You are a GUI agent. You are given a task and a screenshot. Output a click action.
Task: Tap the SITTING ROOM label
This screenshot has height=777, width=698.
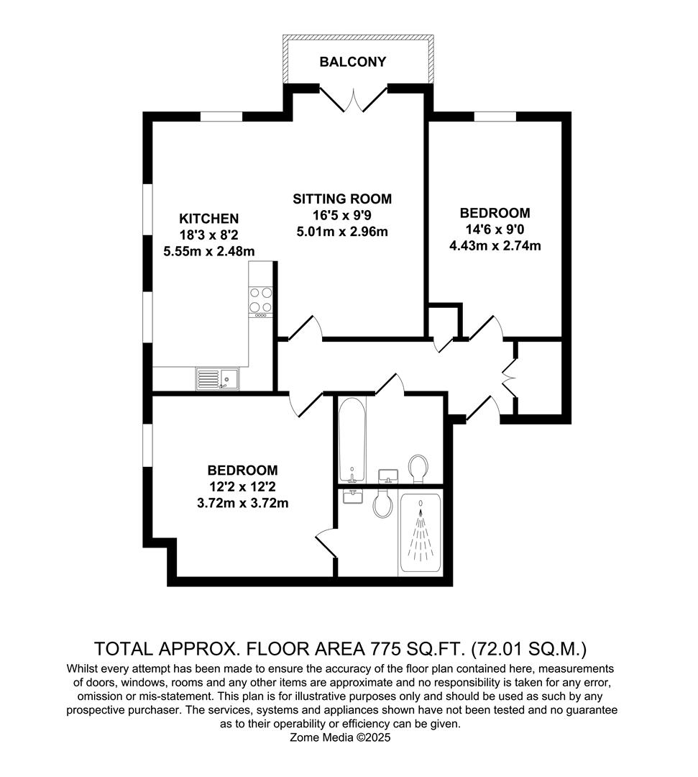(342, 199)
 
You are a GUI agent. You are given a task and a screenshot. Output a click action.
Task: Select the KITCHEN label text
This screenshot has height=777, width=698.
(208, 219)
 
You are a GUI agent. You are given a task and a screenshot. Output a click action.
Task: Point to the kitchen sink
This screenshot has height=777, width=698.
(218, 378)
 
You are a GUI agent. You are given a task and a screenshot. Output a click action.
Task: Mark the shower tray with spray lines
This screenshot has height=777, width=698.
(421, 533)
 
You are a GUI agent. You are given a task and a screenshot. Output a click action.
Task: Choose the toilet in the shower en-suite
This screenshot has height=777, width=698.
(382, 504)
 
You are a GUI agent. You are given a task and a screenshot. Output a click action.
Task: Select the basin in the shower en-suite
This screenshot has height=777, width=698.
(353, 496)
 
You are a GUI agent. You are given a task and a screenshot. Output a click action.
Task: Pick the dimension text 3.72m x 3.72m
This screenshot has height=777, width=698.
(242, 503)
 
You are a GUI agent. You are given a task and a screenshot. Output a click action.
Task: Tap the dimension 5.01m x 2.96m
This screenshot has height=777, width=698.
(342, 232)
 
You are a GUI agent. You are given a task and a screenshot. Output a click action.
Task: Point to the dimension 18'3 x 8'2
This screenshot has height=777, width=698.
(208, 235)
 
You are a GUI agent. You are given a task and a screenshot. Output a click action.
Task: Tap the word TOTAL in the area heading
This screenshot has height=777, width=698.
(123, 649)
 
